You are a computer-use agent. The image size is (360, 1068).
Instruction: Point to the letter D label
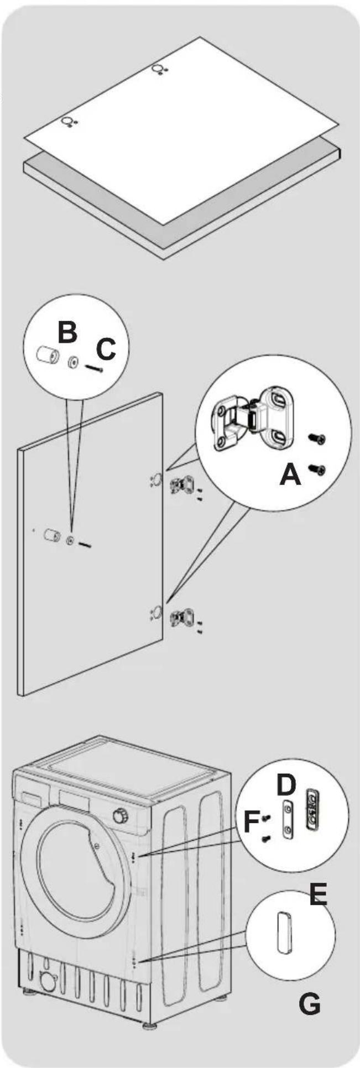(x=286, y=784)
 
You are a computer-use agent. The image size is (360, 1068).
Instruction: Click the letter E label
(x=318, y=895)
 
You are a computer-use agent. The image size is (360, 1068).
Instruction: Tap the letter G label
(x=309, y=989)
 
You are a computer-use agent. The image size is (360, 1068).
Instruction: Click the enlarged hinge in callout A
(x=252, y=419)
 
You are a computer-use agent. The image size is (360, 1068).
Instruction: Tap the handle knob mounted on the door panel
(x=53, y=536)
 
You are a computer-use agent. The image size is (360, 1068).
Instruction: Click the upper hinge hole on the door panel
(x=156, y=478)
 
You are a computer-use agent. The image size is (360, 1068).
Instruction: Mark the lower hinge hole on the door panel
(x=156, y=612)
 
